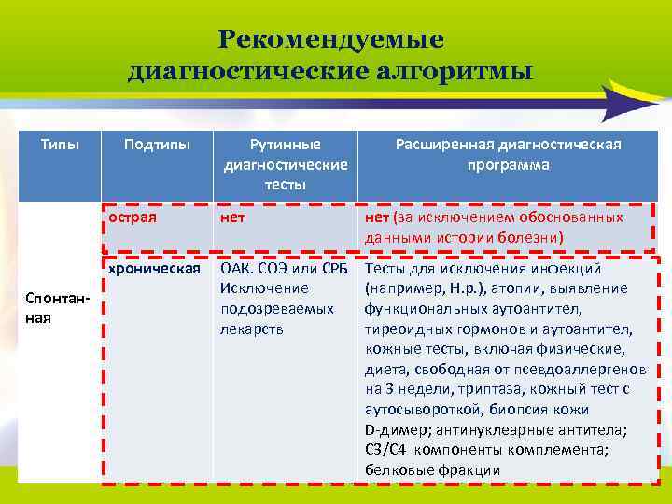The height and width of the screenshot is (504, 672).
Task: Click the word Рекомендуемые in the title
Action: (x=331, y=40)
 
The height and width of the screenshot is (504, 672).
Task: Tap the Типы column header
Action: (x=59, y=145)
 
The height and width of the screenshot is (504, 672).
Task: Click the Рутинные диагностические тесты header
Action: (x=286, y=164)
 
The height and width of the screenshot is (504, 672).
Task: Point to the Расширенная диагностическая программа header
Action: (x=509, y=154)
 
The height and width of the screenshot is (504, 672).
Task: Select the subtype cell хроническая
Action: (x=155, y=269)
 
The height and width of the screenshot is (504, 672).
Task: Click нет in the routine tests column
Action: (x=232, y=217)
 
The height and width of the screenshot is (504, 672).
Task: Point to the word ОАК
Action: (x=237, y=270)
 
